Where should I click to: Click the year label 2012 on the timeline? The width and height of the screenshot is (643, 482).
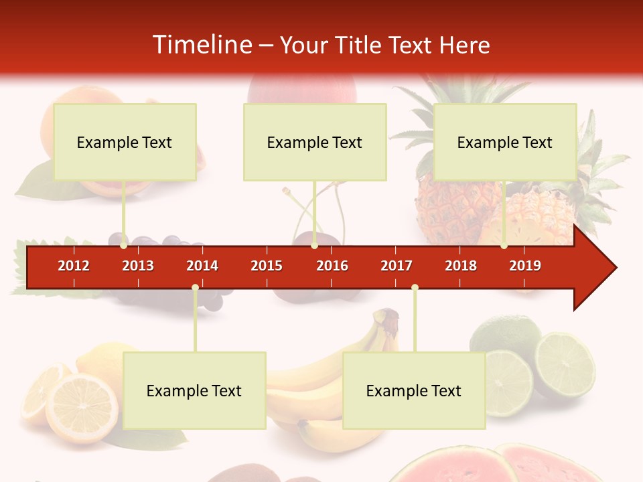pyautogui.click(x=74, y=266)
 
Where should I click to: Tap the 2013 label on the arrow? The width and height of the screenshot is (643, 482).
pyautogui.click(x=138, y=266)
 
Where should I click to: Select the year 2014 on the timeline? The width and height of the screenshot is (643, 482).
pyautogui.click(x=202, y=266)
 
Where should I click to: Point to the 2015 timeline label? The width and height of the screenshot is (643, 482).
pyautogui.click(x=267, y=266)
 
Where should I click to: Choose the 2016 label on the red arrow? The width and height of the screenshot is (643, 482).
pyautogui.click(x=332, y=266)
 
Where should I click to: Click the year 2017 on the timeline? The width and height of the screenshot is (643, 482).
pyautogui.click(x=397, y=266)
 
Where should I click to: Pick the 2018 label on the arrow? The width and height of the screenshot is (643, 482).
pyautogui.click(x=461, y=266)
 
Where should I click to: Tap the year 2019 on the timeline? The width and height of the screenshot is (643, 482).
pyautogui.click(x=525, y=266)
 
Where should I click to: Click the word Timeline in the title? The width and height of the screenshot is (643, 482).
pyautogui.click(x=201, y=45)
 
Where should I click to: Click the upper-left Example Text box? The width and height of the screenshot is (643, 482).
pyautogui.click(x=125, y=142)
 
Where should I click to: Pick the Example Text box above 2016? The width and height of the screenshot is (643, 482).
pyautogui.click(x=315, y=142)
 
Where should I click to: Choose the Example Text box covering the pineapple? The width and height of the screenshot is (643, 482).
pyautogui.click(x=505, y=142)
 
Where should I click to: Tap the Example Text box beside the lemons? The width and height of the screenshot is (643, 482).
pyautogui.click(x=194, y=390)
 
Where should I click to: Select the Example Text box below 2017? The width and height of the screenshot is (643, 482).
pyautogui.click(x=414, y=390)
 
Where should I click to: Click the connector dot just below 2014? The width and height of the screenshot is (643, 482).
pyautogui.click(x=195, y=288)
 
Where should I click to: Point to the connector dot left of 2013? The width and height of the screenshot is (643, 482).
pyautogui.click(x=124, y=246)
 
